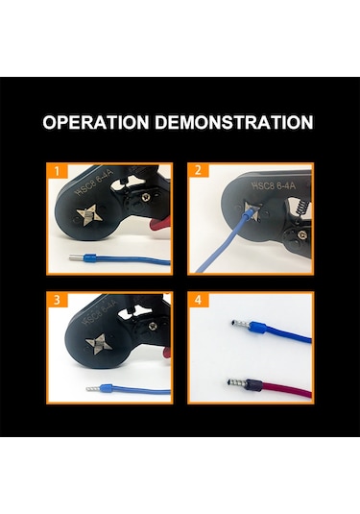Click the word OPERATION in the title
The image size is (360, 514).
pyautogui.click(x=96, y=122)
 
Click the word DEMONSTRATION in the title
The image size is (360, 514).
pyautogui.click(x=234, y=122)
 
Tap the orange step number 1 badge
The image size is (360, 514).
pyautogui.click(x=57, y=171)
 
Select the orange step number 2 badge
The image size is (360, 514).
pyautogui.click(x=198, y=170)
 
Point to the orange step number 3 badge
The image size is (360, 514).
pyautogui.click(x=57, y=300)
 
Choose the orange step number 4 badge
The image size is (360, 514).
pyautogui.click(x=198, y=300)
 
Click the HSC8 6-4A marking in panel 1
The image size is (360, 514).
pyautogui.click(x=94, y=183)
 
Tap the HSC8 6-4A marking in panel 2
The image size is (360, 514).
pyautogui.click(x=274, y=185)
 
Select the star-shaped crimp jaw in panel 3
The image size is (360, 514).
pyautogui.click(x=99, y=344)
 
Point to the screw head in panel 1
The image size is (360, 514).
pyautogui.click(x=146, y=197)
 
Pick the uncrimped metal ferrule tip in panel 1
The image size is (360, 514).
pyautogui.click(x=77, y=257)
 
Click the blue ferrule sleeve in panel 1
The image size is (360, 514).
pyautogui.click(x=89, y=257)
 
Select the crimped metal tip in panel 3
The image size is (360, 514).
pyautogui.click(x=93, y=389)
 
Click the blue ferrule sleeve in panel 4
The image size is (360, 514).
pyautogui.click(x=257, y=327)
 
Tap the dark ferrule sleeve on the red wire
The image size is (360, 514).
pyautogui.click(x=253, y=384)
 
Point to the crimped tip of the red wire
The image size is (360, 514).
pyautogui.click(x=236, y=382)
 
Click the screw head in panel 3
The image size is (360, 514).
pyautogui.click(x=153, y=326)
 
